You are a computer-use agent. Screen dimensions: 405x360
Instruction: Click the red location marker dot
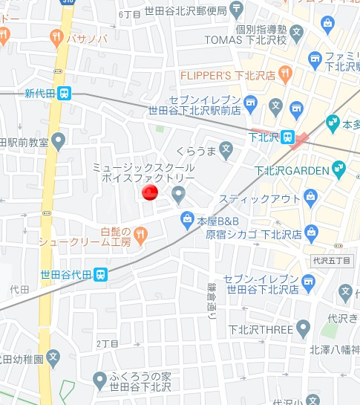149,193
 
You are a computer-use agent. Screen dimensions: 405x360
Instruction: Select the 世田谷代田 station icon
100,274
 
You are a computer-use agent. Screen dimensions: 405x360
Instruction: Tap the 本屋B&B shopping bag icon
186,218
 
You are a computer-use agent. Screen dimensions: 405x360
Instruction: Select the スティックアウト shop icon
310,198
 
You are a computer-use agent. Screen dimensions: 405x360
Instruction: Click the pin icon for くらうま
226,149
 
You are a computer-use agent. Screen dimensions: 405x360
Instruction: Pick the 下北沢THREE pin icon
302,328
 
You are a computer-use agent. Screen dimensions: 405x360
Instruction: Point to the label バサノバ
88,37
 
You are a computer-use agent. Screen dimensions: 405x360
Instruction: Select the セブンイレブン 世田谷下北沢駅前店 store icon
249,101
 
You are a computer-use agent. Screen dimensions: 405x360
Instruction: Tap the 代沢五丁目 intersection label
331,262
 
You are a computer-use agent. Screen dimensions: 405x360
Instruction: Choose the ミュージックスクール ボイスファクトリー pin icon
177,195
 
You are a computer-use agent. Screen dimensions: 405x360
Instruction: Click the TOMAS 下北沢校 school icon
297,32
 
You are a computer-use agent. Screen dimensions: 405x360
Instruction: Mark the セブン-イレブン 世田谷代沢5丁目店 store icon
308,280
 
